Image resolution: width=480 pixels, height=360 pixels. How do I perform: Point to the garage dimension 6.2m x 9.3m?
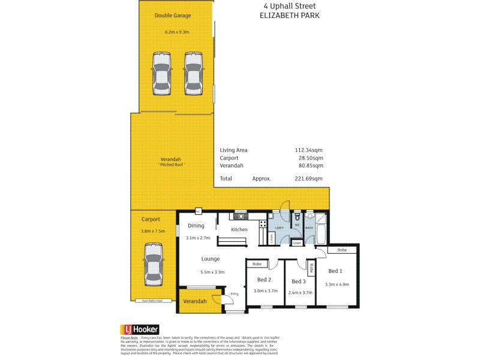tap(177, 32)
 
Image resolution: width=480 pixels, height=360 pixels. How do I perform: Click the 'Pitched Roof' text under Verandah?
tap(172, 164)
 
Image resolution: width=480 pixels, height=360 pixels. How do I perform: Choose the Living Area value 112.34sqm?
tap(308, 150)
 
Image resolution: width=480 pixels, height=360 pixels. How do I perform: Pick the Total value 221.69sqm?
tap(308, 178)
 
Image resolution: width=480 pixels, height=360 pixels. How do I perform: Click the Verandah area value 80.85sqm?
tap(308, 165)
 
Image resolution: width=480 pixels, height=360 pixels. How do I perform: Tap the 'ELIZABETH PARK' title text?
tap(289, 16)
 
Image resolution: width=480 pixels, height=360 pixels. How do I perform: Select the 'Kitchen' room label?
tap(239, 230)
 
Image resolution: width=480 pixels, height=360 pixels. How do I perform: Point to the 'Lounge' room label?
tap(210, 259)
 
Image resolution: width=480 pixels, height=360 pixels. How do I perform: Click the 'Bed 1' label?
tap(335, 271)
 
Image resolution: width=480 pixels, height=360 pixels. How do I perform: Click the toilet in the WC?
tap(297, 217)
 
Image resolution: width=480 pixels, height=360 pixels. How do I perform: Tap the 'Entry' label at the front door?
tap(234, 293)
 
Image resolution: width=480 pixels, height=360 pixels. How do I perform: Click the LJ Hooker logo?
tap(139, 329)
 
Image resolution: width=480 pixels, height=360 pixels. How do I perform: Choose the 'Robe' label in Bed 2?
tap(256, 264)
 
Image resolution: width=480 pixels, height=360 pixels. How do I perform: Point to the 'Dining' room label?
tap(196, 226)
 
